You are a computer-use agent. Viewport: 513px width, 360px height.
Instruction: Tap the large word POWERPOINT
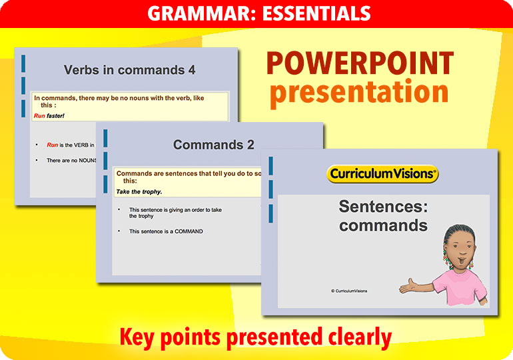coord(360,64)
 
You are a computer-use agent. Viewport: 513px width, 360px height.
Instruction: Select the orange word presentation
coord(359,93)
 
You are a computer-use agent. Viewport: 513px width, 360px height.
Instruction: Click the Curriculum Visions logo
coord(383,175)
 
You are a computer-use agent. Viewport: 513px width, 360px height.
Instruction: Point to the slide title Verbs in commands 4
coord(129,70)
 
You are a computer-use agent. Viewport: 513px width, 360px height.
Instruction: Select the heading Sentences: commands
coord(383,216)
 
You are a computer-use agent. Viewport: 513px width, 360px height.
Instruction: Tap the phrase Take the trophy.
coord(139,191)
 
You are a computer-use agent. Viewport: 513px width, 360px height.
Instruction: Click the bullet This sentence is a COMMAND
coord(166,231)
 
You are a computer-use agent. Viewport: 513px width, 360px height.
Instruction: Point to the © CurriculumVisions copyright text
coord(348,291)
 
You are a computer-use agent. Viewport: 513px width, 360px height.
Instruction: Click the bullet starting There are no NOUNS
coord(70,161)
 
